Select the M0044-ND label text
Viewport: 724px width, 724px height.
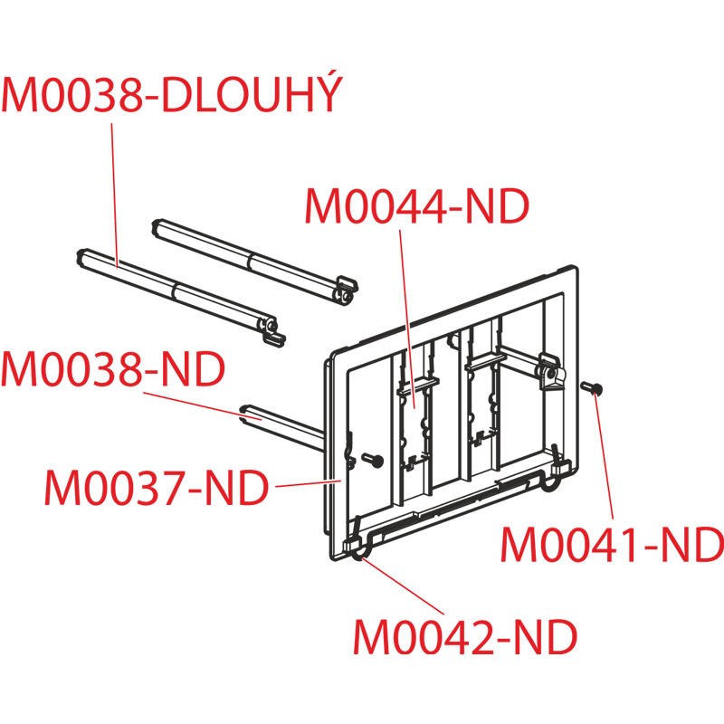pos(417,206)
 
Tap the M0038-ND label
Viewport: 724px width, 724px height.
pos(113,369)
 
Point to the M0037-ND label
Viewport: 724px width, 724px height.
pos(157,487)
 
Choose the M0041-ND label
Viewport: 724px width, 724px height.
pos(613,545)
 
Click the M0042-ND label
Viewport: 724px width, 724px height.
pos(465,637)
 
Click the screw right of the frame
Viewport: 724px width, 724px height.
pos(592,388)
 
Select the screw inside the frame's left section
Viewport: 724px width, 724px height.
pos(373,460)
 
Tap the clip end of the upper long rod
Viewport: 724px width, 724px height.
pos(347,289)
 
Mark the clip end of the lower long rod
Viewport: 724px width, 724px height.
pos(272,330)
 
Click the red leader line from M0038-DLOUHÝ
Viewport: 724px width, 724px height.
pos(115,195)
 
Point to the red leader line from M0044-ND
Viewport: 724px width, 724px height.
pos(407,319)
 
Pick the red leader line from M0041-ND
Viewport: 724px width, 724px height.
pos(605,457)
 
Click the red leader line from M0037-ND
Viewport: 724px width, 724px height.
pos(309,483)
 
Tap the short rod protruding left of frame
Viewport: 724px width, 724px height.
pos(281,427)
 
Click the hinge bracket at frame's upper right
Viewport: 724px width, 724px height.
pos(551,372)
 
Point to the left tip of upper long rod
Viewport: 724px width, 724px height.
pos(157,227)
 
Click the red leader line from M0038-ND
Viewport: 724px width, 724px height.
pos(202,406)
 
